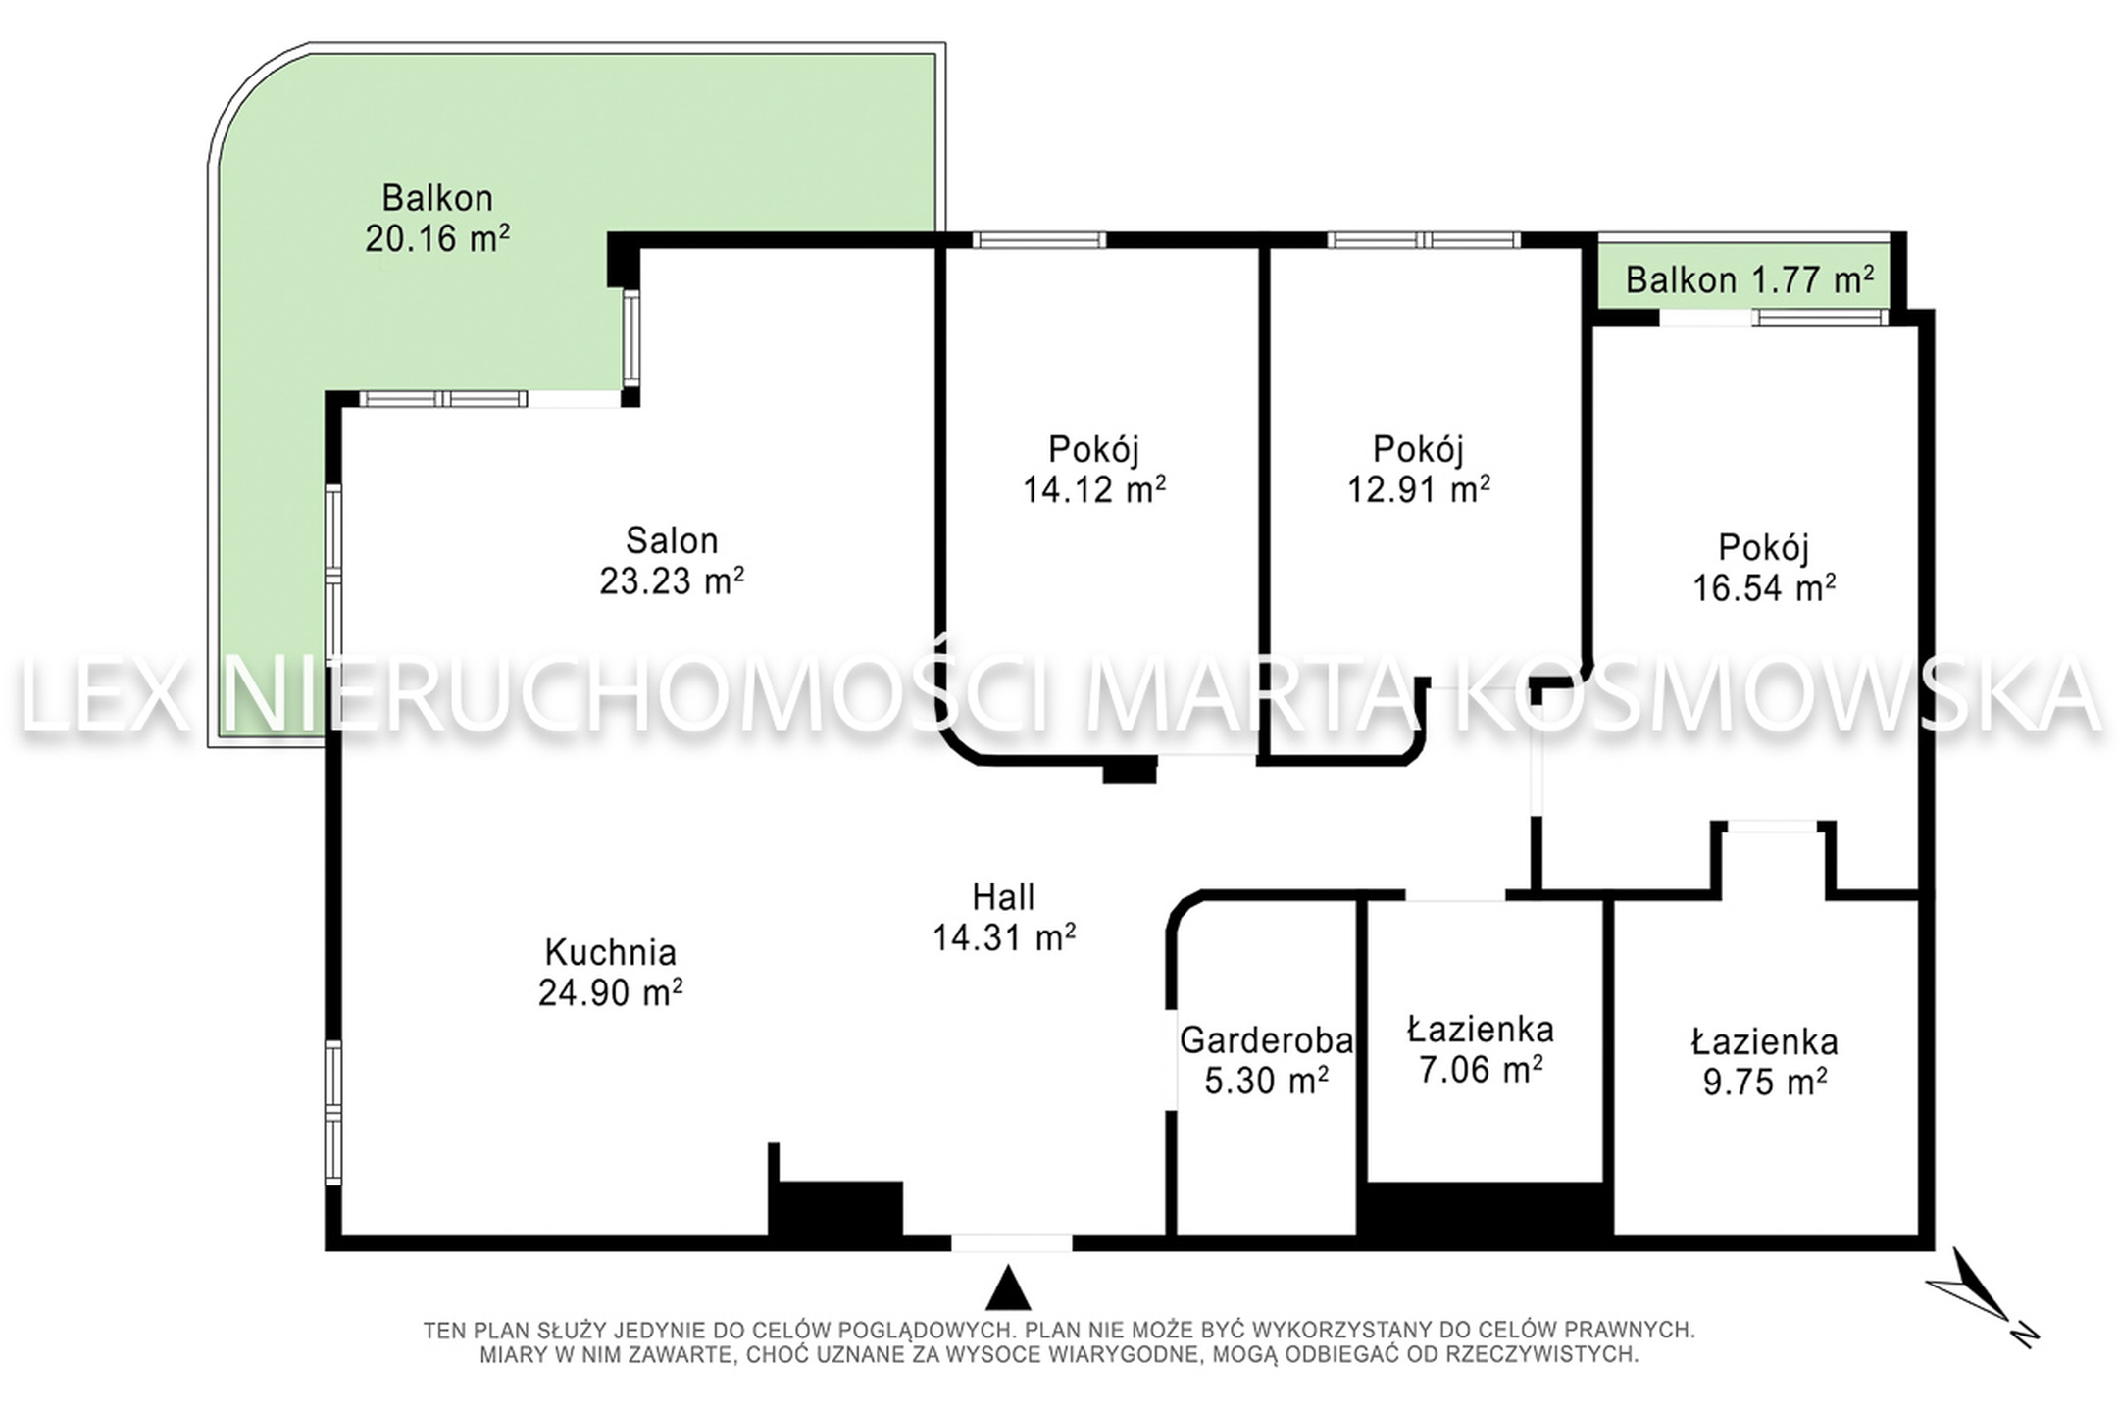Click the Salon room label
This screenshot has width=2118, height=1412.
click(x=672, y=560)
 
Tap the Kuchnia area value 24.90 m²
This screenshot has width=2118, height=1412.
click(x=610, y=993)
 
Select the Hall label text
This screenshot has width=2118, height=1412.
click(x=1003, y=896)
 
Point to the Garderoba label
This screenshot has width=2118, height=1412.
click(x=1266, y=1059)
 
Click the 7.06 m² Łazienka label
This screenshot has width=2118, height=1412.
click(x=1481, y=1048)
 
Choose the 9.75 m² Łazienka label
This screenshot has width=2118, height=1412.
click(x=1764, y=1060)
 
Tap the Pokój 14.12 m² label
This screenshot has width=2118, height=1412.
click(x=1094, y=468)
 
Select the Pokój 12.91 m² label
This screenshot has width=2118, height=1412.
click(x=1418, y=468)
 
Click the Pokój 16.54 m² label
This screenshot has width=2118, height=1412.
click(x=1764, y=567)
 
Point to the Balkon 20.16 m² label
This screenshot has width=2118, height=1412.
click(x=437, y=218)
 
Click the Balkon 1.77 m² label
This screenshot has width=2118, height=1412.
click(x=1749, y=280)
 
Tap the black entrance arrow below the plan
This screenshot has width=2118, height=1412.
click(x=1008, y=1288)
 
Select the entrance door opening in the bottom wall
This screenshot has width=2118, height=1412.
click(x=1011, y=1242)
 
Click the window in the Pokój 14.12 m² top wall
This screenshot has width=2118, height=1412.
click(x=1039, y=239)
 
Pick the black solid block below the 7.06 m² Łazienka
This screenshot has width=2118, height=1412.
click(x=1486, y=1215)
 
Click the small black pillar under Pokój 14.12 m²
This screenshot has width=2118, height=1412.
click(x=1130, y=771)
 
